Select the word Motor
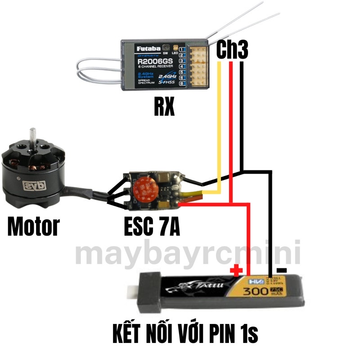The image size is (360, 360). coord(33,226)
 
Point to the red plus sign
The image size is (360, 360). coord(236,270)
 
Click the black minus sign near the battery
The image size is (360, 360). coord(282,270)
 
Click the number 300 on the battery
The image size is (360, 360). coord(254,292)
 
